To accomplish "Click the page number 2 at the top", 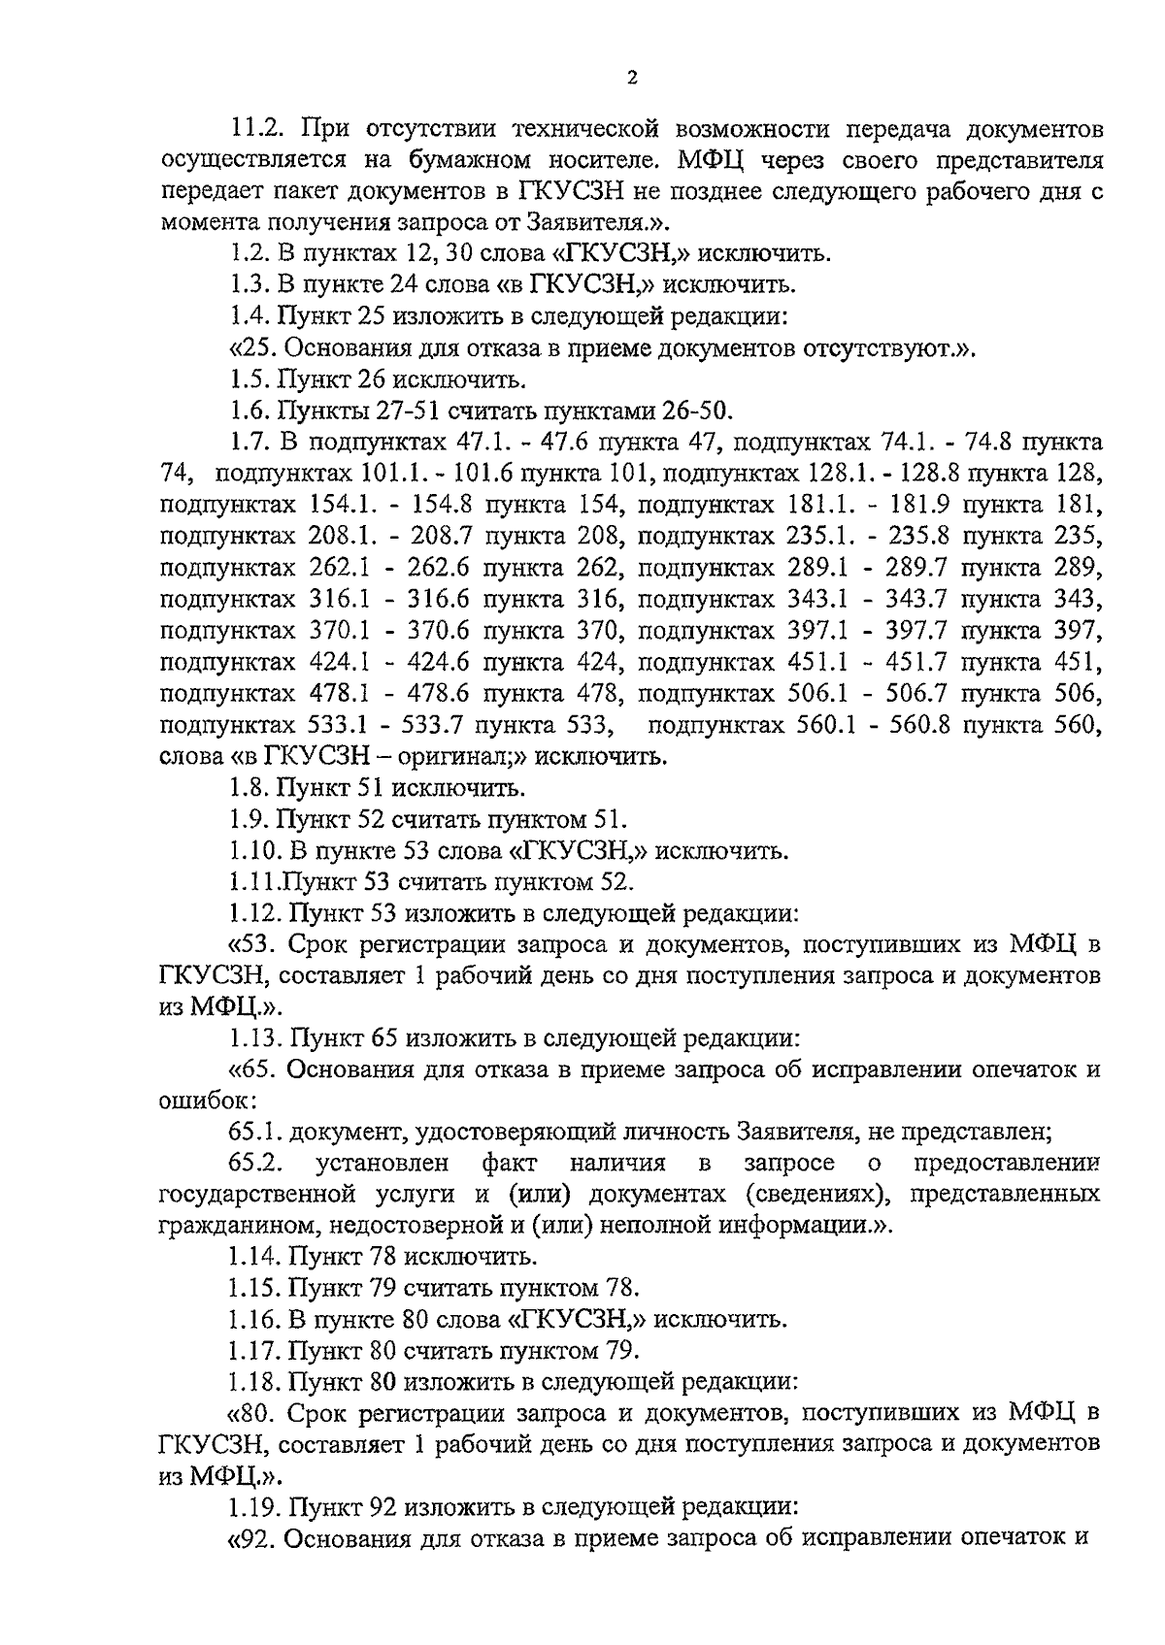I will click(631, 79).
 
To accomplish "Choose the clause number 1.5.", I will click(250, 378).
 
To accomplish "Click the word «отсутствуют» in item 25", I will click(873, 347).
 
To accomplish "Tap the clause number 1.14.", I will click(255, 1257).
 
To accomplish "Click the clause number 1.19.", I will click(255, 1507).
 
